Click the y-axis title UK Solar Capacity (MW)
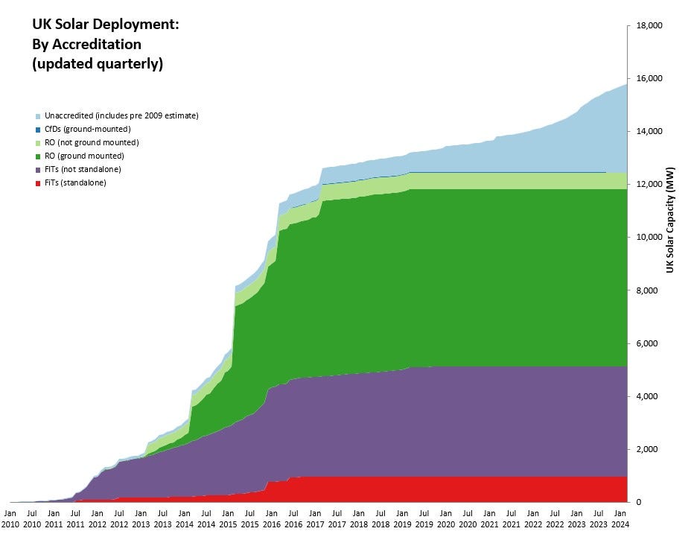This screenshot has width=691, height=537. pyautogui.click(x=670, y=220)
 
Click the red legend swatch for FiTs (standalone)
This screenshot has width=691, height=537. pyautogui.click(x=37, y=182)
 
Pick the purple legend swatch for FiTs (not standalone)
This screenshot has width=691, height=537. pyautogui.click(x=37, y=169)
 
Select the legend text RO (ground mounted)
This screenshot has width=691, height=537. pyautogui.click(x=83, y=156)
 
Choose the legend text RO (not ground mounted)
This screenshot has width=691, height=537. pyautogui.click(x=91, y=142)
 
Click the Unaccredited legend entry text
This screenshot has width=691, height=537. pyautogui.click(x=121, y=115)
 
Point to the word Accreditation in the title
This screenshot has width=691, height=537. pyautogui.click(x=97, y=45)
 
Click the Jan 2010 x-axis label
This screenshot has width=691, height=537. pyautogui.click(x=10, y=518)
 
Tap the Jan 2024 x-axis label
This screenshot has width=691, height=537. pyautogui.click(x=620, y=518)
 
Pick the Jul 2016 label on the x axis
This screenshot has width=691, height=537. pyautogui.click(x=293, y=518)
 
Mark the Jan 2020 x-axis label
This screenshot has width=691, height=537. pyautogui.click(x=445, y=518)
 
